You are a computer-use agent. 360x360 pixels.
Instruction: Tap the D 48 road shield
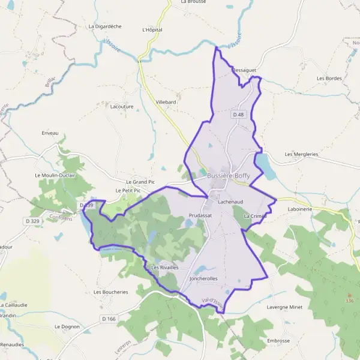(x=238, y=114)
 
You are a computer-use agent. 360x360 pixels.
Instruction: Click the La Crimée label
(x=254, y=215)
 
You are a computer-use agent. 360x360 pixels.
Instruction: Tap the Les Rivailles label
(x=165, y=267)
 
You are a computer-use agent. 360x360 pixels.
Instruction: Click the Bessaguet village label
(x=244, y=70)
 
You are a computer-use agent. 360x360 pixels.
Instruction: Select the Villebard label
(x=166, y=103)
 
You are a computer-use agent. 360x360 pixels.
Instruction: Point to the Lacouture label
(x=122, y=106)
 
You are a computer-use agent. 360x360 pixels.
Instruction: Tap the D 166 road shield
(x=109, y=318)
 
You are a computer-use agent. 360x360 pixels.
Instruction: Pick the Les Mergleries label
(x=301, y=154)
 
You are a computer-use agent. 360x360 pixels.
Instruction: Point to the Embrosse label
(x=278, y=340)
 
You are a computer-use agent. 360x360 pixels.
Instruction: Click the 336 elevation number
(x=349, y=301)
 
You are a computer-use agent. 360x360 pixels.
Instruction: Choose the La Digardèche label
(x=105, y=26)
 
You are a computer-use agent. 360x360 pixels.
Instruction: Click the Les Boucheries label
(x=111, y=292)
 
